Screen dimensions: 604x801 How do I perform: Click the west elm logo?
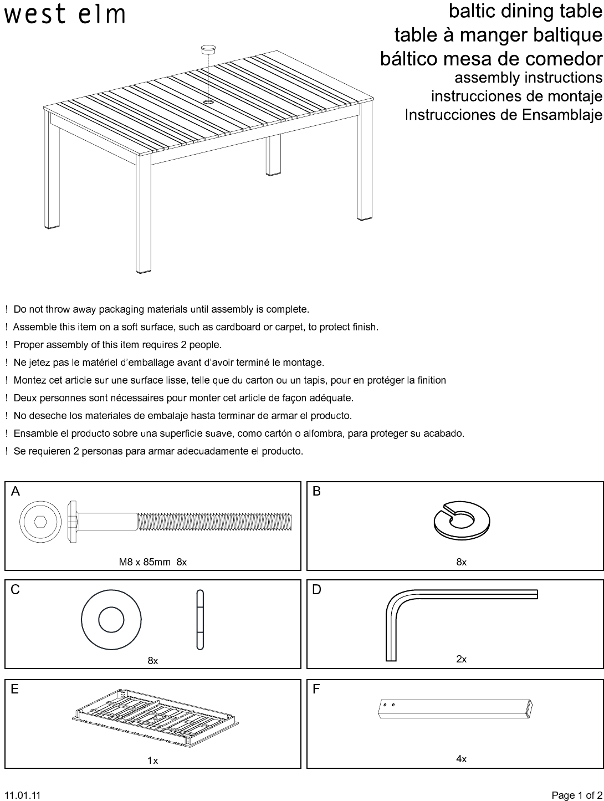click(65, 14)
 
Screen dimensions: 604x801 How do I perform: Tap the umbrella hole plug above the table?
click(208, 49)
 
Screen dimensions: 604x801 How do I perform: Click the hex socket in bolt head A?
click(40, 522)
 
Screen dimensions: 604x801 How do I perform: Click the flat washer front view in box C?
click(111, 620)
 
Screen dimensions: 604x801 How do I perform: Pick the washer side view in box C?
click(200, 620)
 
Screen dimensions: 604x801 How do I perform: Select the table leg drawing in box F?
click(455, 708)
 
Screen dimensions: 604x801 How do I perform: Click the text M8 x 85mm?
click(145, 562)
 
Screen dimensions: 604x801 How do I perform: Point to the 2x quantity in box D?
click(462, 659)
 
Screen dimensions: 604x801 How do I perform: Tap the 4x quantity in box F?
click(462, 759)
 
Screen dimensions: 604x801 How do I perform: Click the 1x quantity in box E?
click(152, 761)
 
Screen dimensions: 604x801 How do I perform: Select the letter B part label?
click(316, 492)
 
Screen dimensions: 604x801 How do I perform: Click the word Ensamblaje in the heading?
click(562, 115)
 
